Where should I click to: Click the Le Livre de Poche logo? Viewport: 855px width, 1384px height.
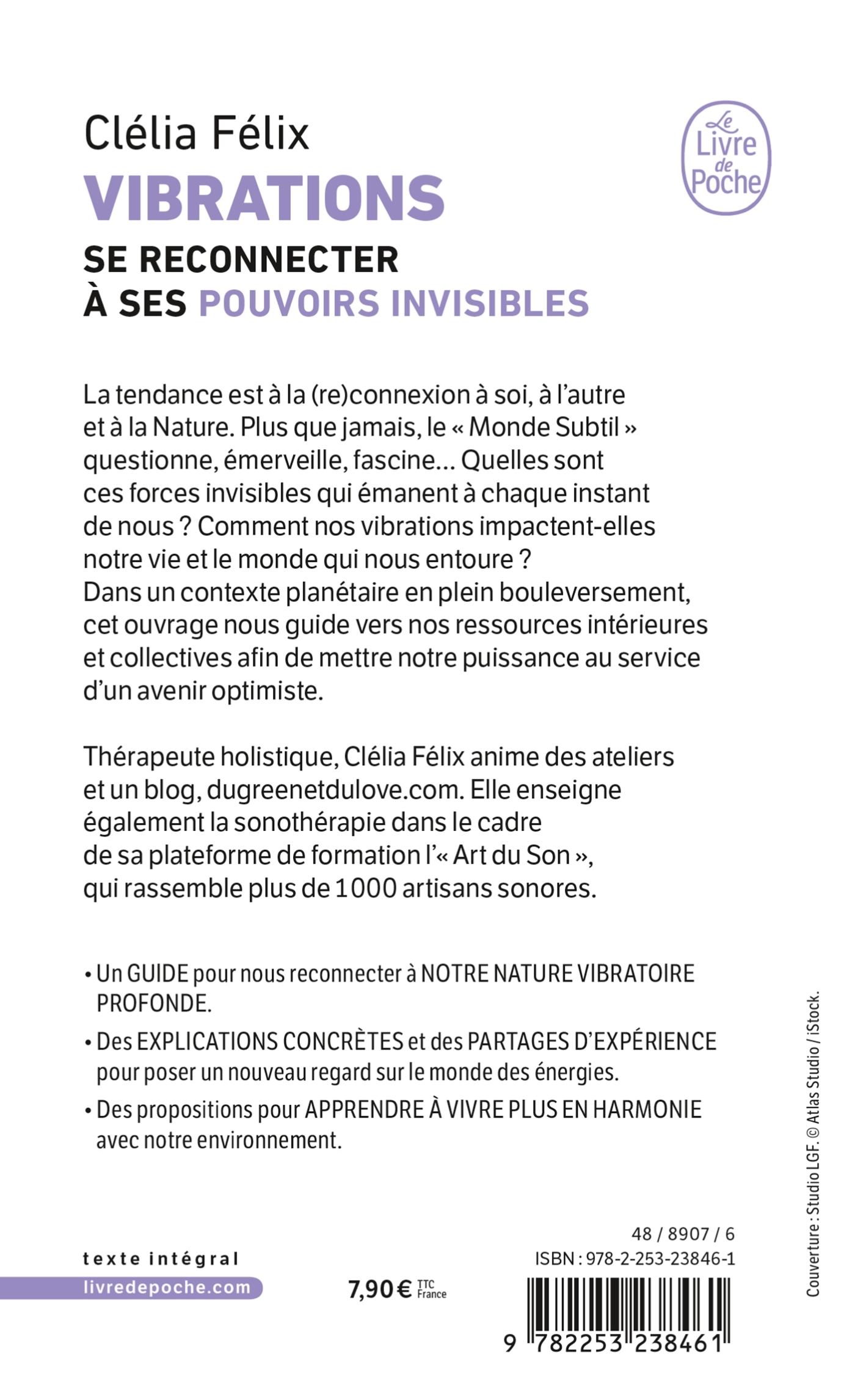726,158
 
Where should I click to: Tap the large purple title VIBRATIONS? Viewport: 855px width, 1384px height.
264,199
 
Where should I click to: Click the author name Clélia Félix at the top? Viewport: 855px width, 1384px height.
197,134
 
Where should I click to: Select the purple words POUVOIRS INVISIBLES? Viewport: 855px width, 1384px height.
394,303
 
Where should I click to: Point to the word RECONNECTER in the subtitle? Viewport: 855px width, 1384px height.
269,260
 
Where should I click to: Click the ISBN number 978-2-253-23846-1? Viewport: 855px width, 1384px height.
660,1258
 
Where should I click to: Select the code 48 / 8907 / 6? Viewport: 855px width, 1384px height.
682,1234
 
